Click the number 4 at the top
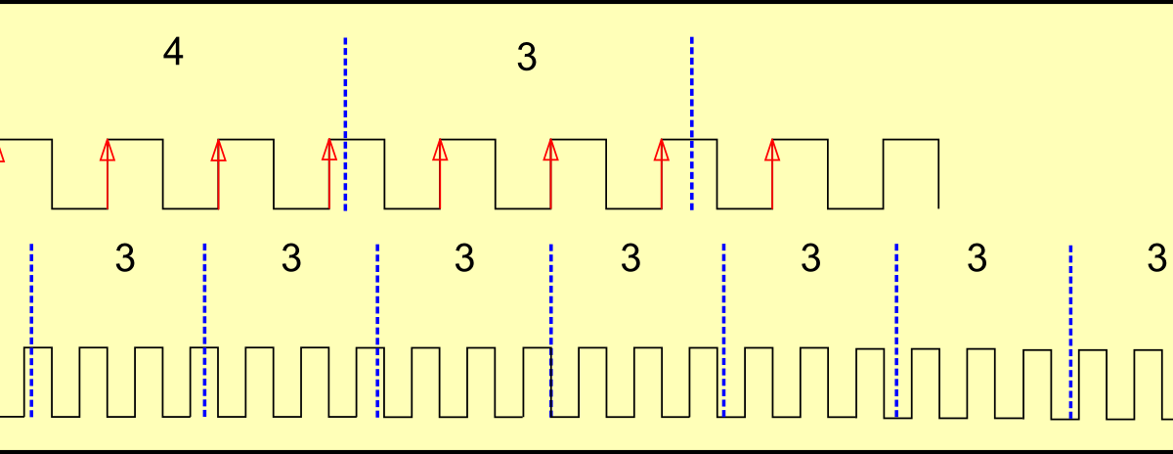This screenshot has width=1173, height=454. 173,53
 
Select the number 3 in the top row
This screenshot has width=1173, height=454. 527,59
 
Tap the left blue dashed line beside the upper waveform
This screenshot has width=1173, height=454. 346,123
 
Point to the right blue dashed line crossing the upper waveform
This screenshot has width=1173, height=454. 692,123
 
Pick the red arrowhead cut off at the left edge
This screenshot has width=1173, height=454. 2,152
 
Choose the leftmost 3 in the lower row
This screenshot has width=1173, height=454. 125,259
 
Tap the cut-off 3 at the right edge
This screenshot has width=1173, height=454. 1158,259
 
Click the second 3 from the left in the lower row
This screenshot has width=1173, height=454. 291,259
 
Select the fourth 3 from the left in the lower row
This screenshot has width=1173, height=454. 631,259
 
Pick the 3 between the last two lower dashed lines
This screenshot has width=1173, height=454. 977,259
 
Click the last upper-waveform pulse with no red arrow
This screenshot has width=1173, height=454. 911,141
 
